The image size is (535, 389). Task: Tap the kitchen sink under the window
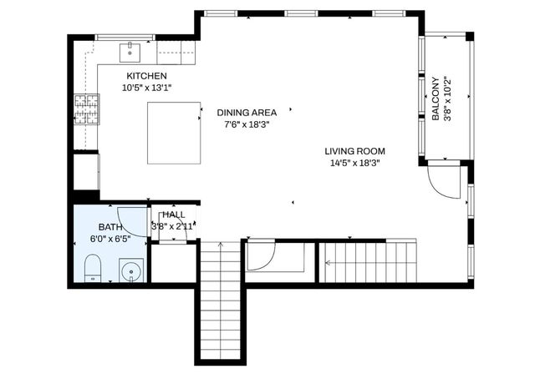point(131,53)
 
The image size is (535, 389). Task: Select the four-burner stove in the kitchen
point(87,109)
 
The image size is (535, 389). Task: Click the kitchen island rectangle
point(174,133)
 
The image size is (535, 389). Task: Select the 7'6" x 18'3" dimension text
point(247,124)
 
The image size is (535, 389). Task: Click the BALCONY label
point(436,97)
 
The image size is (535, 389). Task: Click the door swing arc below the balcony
point(443,181)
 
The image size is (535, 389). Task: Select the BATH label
point(110,227)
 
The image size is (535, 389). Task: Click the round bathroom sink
point(131,270)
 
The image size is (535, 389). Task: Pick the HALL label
point(173,215)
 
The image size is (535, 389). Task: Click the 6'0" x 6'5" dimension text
point(110,239)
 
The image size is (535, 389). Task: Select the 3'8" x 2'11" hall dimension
point(173,226)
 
